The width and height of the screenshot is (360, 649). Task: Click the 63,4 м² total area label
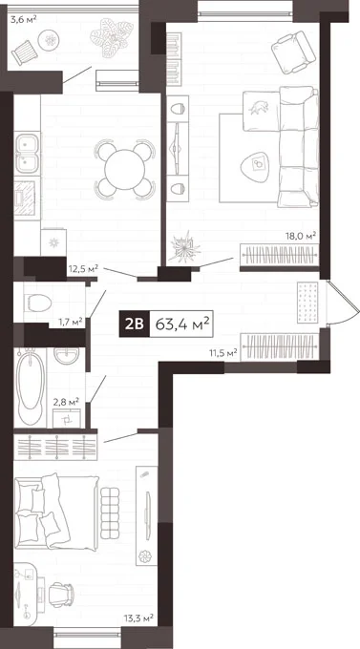coord(181,324)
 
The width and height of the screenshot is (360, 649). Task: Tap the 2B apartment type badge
coord(135,324)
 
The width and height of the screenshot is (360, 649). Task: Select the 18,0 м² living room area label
coord(301,237)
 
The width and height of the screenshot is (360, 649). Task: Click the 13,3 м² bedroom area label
coord(138,618)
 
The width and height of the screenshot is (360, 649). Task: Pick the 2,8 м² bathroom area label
coord(66,401)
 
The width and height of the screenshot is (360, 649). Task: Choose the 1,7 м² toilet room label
coord(70,321)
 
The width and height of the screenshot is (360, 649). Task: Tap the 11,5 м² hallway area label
coord(222,353)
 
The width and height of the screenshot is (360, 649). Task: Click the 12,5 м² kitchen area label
coord(83,268)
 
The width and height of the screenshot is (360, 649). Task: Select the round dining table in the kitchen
coord(125,169)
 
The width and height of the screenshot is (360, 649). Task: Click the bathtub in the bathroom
coord(31,387)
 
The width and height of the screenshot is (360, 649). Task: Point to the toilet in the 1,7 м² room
coord(37,303)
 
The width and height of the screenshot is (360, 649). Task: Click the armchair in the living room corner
coord(294,52)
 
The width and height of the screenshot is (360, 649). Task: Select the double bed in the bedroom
coord(56,512)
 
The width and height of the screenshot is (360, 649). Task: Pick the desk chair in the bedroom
coord(61,595)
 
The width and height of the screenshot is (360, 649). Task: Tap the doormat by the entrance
coord(307,303)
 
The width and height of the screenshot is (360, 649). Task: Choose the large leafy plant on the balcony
coord(112,36)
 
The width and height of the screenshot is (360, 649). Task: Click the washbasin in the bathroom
coord(66,356)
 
